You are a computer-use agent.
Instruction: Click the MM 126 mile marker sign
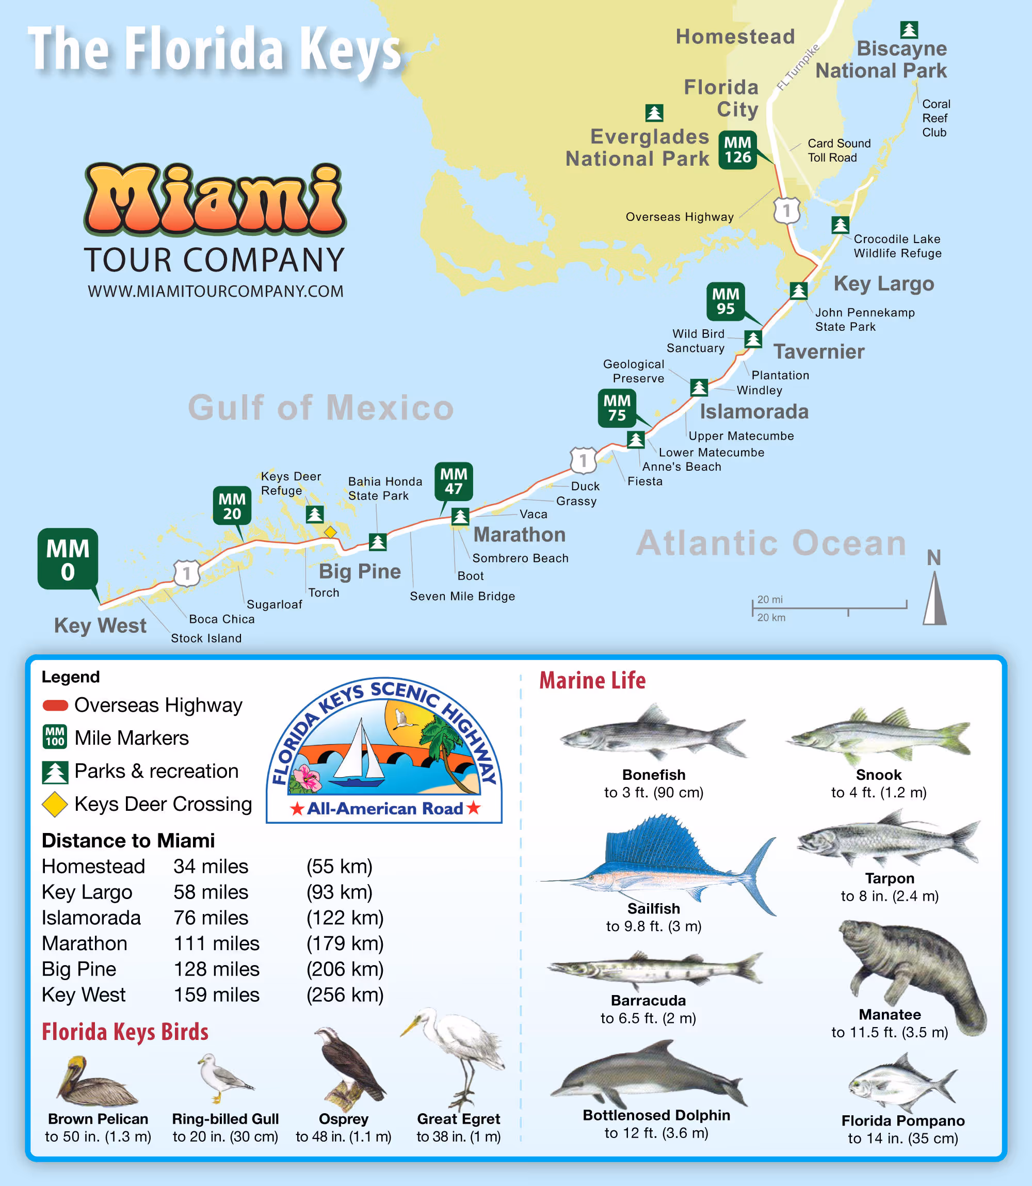tap(737, 150)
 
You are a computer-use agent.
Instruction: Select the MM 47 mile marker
tap(453, 482)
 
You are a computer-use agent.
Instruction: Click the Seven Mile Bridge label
tap(462, 596)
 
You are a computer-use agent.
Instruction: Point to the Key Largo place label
tap(883, 284)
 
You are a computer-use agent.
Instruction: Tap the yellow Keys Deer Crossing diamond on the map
tap(330, 532)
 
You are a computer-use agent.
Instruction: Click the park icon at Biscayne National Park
tap(909, 29)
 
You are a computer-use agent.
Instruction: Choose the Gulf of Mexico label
tap(321, 408)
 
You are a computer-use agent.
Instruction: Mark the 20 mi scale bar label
tap(770, 600)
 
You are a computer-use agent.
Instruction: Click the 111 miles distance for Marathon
tap(217, 943)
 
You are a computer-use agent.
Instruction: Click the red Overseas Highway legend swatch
tap(55, 705)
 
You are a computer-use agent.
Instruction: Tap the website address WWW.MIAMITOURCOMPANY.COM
tap(215, 292)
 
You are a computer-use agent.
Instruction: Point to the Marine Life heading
tap(592, 680)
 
